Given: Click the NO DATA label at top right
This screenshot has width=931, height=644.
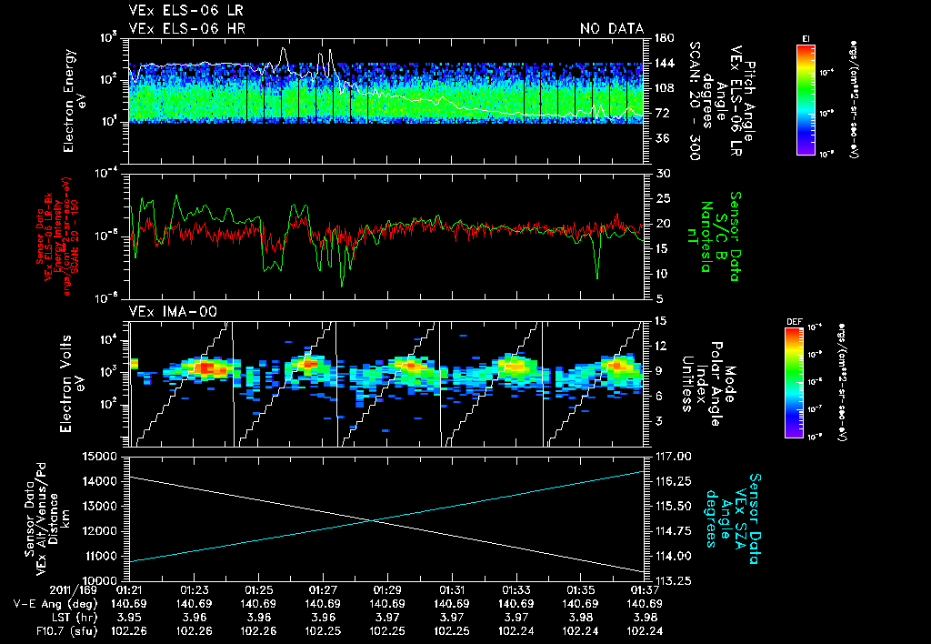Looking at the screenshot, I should (612, 28).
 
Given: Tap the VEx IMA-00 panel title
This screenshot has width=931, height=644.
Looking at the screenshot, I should (166, 311).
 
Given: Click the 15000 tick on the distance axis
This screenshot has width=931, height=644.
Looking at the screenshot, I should (102, 456).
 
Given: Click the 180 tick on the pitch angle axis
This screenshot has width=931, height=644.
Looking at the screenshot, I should (663, 38).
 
